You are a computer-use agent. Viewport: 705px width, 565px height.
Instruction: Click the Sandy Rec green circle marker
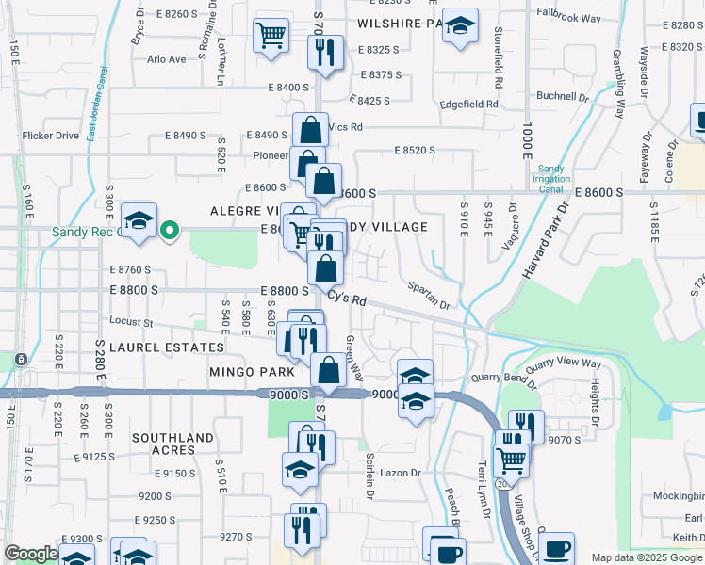[170, 229]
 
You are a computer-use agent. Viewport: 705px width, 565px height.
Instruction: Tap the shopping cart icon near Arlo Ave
[271, 36]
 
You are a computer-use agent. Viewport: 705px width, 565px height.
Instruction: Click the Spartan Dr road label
[428, 296]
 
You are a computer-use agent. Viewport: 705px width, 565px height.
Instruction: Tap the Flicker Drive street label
[52, 136]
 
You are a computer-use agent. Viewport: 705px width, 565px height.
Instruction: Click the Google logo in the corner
[31, 554]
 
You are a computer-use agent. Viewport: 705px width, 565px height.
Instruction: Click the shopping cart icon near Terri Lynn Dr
[511, 460]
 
